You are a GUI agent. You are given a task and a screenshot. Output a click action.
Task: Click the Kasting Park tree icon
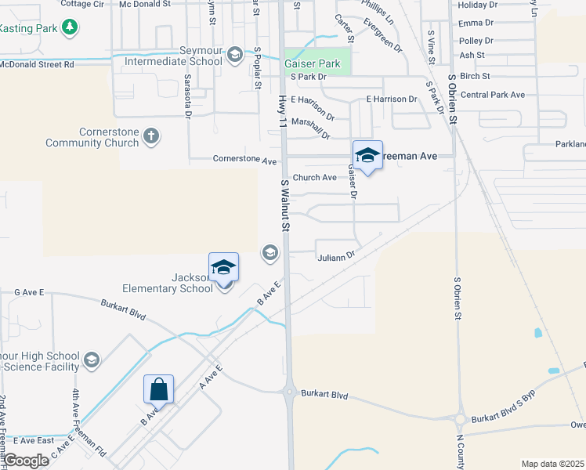[x=71, y=27]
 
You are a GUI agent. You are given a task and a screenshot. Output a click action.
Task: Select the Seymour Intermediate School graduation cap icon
[x=234, y=54]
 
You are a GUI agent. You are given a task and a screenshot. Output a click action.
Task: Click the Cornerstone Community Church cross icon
[x=151, y=136]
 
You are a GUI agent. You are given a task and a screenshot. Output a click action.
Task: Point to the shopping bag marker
[x=158, y=389]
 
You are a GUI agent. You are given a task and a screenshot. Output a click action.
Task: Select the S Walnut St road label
[x=286, y=204]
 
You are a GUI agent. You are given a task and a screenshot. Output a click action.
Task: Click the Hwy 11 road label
[x=283, y=110]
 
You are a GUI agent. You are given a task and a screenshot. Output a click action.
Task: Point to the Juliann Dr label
[x=337, y=256]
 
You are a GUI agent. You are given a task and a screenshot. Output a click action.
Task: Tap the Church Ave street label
[x=314, y=177]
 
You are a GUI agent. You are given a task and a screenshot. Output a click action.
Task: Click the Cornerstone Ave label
[x=245, y=160]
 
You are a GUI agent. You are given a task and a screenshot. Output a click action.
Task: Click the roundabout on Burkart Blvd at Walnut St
[x=290, y=392]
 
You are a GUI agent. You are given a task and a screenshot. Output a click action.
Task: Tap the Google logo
[x=27, y=461]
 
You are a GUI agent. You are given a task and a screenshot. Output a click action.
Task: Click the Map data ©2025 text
[x=552, y=464]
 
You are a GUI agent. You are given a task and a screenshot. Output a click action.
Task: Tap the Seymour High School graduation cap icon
[x=92, y=360]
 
